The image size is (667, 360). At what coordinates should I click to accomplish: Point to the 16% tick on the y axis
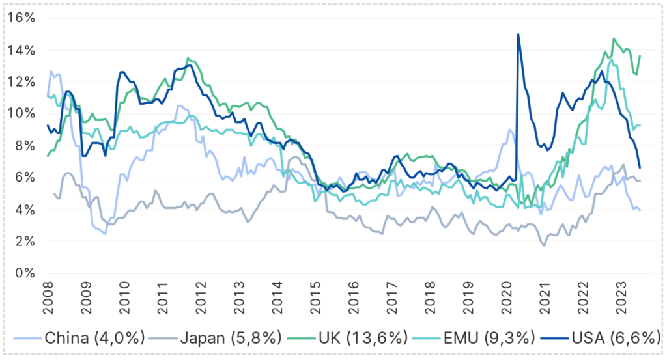coord(21,18)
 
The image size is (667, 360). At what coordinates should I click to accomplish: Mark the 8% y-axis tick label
coord(24,145)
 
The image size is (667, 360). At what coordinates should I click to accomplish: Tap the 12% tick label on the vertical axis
coord(21,81)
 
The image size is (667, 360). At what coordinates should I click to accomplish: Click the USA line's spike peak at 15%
coord(518,34)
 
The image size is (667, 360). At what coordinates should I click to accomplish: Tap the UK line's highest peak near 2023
coord(614,39)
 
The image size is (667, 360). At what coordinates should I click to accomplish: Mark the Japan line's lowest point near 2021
coord(544,245)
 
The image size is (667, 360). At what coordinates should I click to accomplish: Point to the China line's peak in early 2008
coord(51,71)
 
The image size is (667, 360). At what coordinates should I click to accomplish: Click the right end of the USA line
coord(640,168)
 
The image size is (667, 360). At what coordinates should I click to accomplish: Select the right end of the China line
coord(640,210)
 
